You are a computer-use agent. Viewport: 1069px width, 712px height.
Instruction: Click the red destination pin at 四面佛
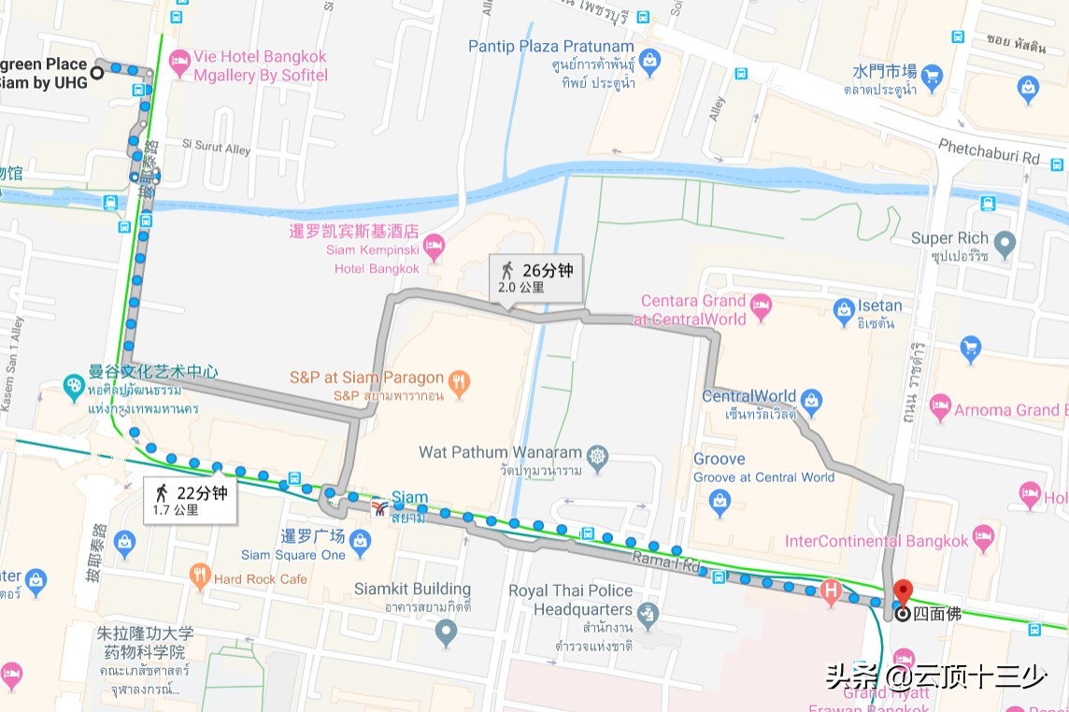coord(902,592)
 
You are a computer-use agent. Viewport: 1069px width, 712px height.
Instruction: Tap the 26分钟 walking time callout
coord(536,278)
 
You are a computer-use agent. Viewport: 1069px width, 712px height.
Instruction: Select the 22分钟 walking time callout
coord(191,500)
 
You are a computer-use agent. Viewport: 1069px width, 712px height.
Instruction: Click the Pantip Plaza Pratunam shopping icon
coord(650,64)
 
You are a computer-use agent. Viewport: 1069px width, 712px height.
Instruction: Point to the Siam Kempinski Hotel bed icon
coord(434,249)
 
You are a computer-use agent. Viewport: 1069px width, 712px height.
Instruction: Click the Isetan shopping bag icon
coord(845,308)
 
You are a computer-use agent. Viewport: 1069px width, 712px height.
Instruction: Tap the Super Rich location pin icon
coord(1005,245)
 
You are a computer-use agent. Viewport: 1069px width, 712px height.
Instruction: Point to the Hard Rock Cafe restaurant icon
coord(200,577)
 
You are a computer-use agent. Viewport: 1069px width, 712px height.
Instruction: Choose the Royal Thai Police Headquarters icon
coord(649,614)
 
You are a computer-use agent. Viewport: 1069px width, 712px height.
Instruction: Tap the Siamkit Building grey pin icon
coord(447,633)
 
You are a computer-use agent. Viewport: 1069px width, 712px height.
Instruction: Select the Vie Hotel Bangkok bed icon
coord(179,63)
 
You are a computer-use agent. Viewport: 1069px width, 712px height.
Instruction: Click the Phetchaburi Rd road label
coord(989,154)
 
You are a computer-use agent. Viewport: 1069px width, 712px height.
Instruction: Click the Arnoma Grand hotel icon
coord(940,407)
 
